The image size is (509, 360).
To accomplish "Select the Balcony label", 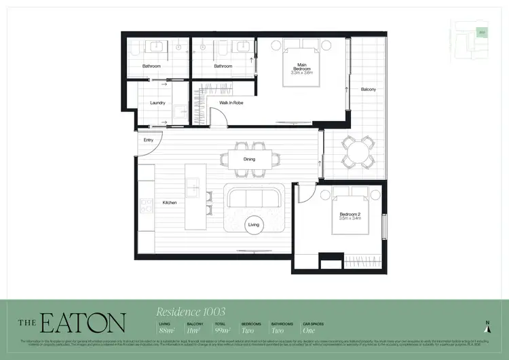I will pos(369,90).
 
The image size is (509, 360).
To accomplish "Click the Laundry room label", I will pos(157,103).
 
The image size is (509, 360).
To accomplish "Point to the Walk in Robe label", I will pos(231,103).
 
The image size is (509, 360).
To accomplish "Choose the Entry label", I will pos(148,140).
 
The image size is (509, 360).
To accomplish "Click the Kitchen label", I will pos(169,202).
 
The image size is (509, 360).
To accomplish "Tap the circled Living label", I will pos(253,224).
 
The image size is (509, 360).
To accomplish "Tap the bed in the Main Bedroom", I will pos(301,65).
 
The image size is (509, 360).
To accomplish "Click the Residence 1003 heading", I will pos(191,312).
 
